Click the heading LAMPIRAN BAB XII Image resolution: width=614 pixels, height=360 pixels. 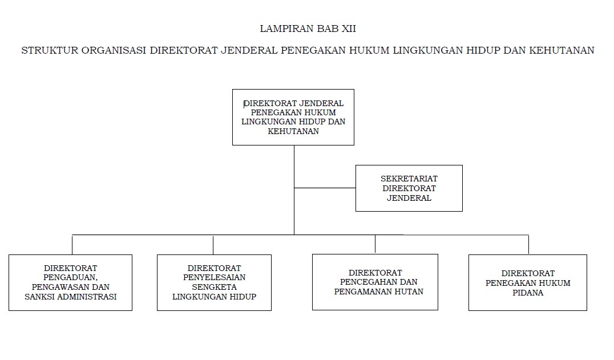[308, 29]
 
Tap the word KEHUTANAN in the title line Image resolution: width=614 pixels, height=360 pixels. [562, 50]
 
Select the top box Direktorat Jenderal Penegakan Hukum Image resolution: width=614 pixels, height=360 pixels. [293, 117]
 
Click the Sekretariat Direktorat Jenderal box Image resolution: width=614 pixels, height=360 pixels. [409, 188]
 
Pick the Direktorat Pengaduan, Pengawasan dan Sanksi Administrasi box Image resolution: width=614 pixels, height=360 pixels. [71, 282]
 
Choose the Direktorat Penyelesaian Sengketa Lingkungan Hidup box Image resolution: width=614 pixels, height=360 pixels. [214, 282]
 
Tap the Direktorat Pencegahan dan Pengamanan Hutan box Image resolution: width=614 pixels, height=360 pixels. [375, 282]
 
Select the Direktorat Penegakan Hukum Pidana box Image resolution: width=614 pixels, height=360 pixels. [527, 282]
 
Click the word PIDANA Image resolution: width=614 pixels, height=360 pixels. [528, 293]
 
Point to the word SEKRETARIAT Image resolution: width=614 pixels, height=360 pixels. [409, 178]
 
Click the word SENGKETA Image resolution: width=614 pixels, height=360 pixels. [215, 287]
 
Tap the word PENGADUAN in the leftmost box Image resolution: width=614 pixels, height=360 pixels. [71, 277]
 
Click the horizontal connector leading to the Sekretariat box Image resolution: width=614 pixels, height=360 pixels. [325, 188]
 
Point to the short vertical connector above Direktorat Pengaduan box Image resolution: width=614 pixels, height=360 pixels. [72, 244]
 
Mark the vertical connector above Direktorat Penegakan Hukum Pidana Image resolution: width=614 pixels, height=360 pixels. [528, 244]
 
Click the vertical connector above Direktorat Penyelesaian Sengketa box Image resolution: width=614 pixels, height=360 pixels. [213, 244]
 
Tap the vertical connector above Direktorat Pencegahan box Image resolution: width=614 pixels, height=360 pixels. [375, 244]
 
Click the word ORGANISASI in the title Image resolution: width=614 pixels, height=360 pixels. [113, 50]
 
